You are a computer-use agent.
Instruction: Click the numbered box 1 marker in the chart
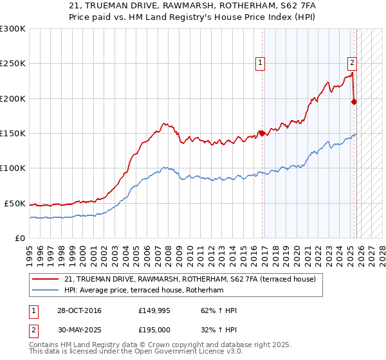click(x=260, y=62)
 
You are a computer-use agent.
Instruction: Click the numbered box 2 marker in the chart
click(x=353, y=62)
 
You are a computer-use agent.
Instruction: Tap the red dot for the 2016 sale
click(x=262, y=134)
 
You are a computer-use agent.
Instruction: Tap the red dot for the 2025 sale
click(x=354, y=102)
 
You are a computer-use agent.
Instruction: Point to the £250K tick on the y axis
click(x=13, y=64)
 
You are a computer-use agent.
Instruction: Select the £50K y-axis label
click(x=15, y=203)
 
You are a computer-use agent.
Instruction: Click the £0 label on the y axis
click(x=21, y=238)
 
